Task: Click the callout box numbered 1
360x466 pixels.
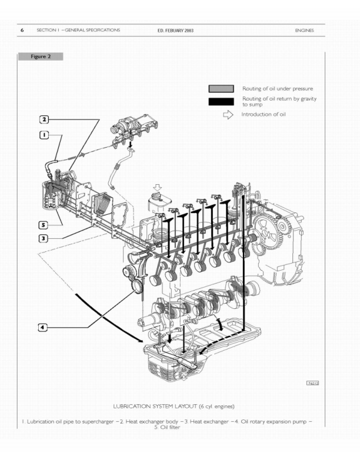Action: pos(44,135)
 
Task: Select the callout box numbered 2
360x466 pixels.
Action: pos(44,119)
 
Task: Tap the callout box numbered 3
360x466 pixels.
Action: pos(44,238)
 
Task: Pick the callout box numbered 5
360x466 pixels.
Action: pos(44,225)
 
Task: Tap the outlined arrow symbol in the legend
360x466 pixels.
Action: pos(229,115)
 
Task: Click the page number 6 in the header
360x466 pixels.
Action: pos(22,30)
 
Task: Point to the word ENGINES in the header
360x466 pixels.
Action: pos(305,30)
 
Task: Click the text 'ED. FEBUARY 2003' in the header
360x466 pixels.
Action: pos(175,30)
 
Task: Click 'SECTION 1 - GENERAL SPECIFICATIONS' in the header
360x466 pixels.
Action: pos(78,30)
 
